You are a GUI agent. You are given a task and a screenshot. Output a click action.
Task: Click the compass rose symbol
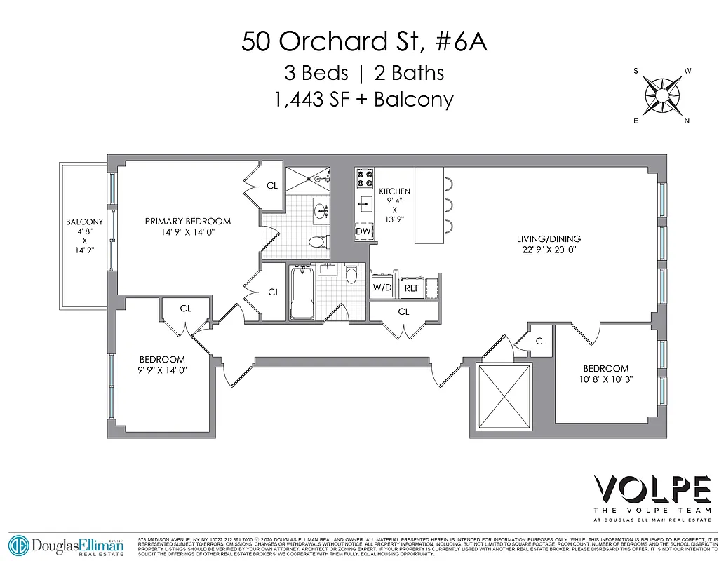click(662, 95)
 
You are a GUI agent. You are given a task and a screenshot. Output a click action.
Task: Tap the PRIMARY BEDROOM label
click(188, 222)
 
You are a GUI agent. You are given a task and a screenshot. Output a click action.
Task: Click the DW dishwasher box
click(363, 231)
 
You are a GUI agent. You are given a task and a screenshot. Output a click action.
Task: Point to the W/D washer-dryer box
click(382, 288)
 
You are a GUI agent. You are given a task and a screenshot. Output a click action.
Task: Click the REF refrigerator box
click(412, 288)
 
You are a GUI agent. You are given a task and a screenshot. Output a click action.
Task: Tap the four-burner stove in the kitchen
click(364, 180)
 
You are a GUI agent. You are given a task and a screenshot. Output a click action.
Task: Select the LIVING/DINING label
click(549, 238)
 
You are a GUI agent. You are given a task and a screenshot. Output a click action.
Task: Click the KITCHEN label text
click(394, 191)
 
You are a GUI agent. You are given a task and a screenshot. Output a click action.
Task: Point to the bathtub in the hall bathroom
click(302, 292)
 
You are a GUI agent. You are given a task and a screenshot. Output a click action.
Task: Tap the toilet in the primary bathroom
click(318, 243)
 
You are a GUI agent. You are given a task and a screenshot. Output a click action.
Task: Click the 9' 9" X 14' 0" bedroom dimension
click(162, 370)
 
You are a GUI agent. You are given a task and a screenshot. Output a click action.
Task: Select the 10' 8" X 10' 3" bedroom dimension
click(606, 379)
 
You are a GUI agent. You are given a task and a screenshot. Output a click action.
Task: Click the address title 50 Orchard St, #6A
click(363, 41)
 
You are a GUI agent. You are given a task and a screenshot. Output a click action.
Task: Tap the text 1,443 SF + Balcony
click(363, 99)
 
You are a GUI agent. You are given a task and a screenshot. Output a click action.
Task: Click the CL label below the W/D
click(403, 312)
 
